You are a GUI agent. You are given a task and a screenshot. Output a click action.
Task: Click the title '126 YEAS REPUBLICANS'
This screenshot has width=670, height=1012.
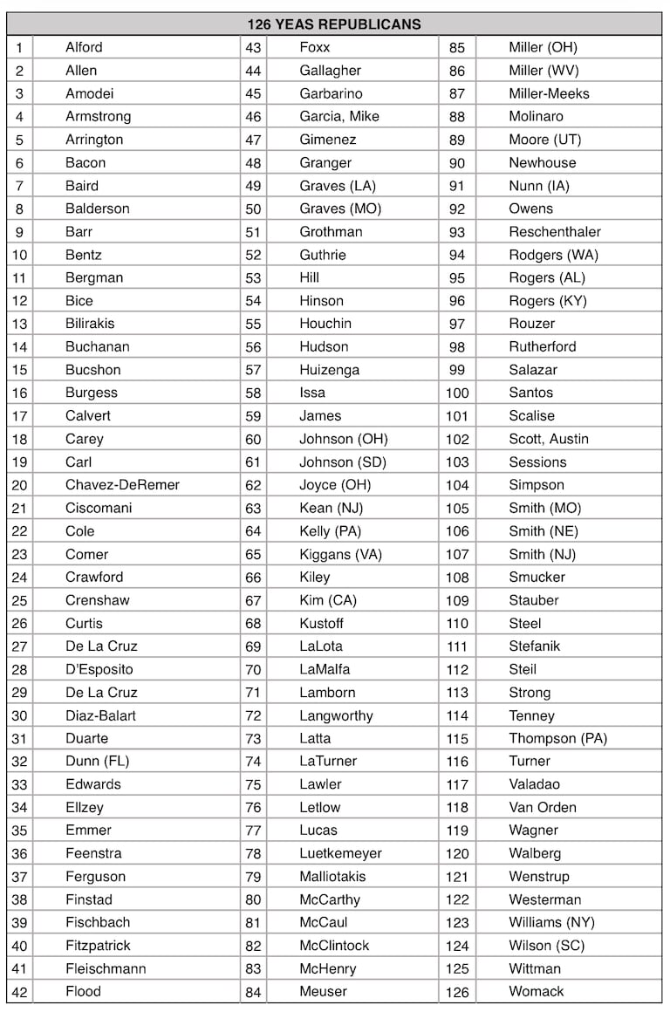[x=334, y=24]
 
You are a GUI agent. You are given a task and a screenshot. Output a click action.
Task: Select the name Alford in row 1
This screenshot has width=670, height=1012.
[x=84, y=47]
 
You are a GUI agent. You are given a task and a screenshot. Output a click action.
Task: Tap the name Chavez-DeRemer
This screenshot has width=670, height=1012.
[x=122, y=485]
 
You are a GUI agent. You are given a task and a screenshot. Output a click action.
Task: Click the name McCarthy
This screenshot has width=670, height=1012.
[x=330, y=899]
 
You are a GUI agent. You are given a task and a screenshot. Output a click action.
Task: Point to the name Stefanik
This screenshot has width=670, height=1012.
[x=535, y=646]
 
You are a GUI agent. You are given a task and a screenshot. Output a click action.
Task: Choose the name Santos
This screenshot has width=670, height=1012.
[x=531, y=393]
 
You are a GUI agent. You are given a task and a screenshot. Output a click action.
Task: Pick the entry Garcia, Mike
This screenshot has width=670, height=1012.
[x=339, y=116]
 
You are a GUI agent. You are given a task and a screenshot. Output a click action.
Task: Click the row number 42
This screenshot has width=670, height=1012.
[x=19, y=992]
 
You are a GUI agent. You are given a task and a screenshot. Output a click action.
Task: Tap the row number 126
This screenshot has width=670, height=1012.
[x=457, y=992]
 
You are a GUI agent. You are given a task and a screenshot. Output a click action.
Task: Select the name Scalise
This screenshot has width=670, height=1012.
[x=532, y=416]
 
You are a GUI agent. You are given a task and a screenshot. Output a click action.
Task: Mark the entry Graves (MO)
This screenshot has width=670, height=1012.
[x=340, y=209]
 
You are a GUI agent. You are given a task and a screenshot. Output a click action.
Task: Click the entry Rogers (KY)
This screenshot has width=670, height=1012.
[x=548, y=301]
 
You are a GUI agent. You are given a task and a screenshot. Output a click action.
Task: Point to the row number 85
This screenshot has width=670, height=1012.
[x=457, y=48]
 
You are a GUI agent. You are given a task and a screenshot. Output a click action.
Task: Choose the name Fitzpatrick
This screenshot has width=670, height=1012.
[x=98, y=946]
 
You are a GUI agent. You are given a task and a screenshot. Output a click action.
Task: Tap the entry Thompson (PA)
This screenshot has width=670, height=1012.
[x=558, y=738]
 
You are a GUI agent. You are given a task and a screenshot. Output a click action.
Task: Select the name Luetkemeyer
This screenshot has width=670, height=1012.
[x=340, y=853]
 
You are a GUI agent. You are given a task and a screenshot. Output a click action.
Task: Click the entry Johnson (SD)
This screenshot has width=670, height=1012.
[x=343, y=462]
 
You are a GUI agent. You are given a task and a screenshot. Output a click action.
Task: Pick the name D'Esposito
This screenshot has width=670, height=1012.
[x=99, y=669]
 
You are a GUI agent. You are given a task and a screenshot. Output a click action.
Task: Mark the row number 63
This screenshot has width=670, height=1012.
[x=253, y=509]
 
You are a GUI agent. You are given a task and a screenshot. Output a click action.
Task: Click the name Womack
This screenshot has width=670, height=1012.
[x=537, y=992]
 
